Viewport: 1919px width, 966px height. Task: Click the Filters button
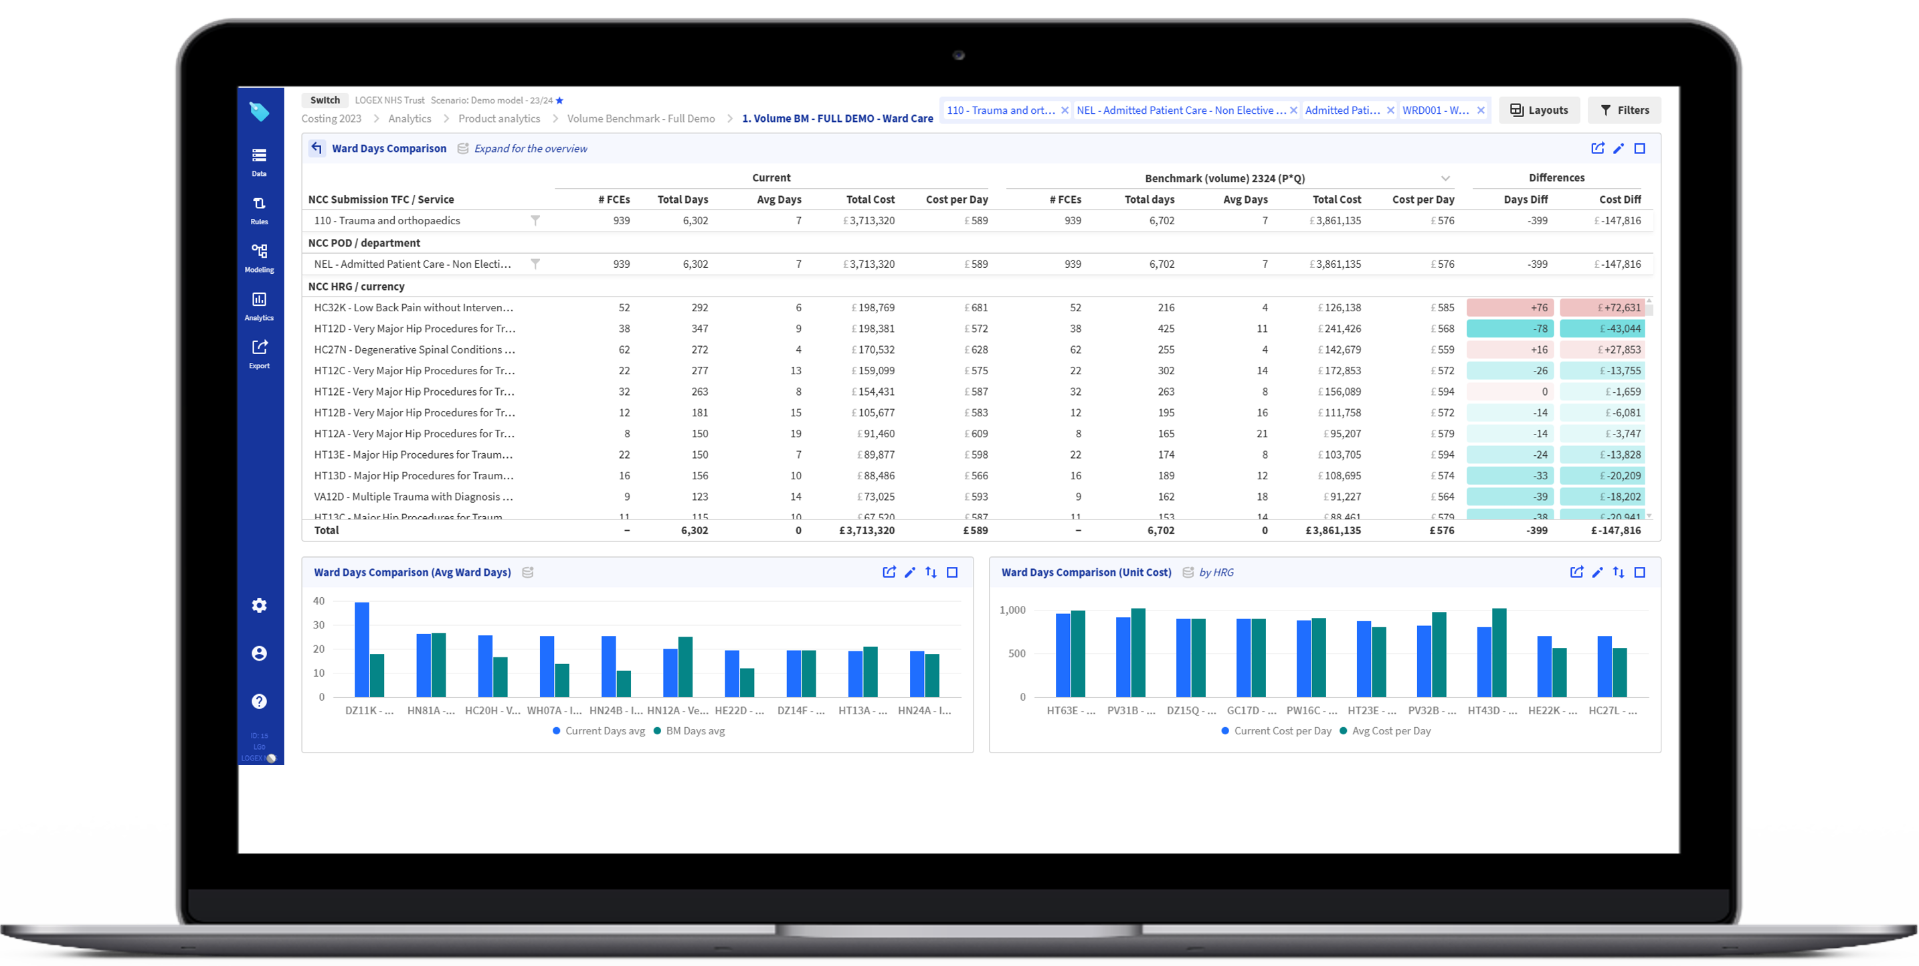[x=1624, y=110]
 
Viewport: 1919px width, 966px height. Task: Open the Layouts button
[x=1539, y=110]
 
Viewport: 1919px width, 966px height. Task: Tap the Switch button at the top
[x=325, y=100]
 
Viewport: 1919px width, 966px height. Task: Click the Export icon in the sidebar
[x=259, y=353]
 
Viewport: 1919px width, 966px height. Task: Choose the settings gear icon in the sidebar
[x=259, y=605]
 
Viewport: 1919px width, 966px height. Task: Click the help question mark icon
[x=259, y=702]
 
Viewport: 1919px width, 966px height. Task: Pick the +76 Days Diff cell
[x=1510, y=307]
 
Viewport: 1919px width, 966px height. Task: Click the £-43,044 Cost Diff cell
[x=1602, y=328]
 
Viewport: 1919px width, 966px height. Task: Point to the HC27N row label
[x=414, y=349]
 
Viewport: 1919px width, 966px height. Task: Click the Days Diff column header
[x=1525, y=199]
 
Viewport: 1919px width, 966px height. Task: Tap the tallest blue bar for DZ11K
[x=362, y=649]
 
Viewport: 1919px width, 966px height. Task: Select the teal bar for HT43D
[x=1499, y=652]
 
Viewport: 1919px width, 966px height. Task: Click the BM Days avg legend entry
[x=695, y=730]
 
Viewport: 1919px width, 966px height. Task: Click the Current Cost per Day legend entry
[x=1281, y=730]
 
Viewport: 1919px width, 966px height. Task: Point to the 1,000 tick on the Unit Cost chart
[x=1012, y=610]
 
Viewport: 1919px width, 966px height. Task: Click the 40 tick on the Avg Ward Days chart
[x=319, y=600]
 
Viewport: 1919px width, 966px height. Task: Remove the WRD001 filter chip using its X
[x=1481, y=110]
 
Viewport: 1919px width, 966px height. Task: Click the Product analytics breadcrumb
[x=499, y=118]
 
